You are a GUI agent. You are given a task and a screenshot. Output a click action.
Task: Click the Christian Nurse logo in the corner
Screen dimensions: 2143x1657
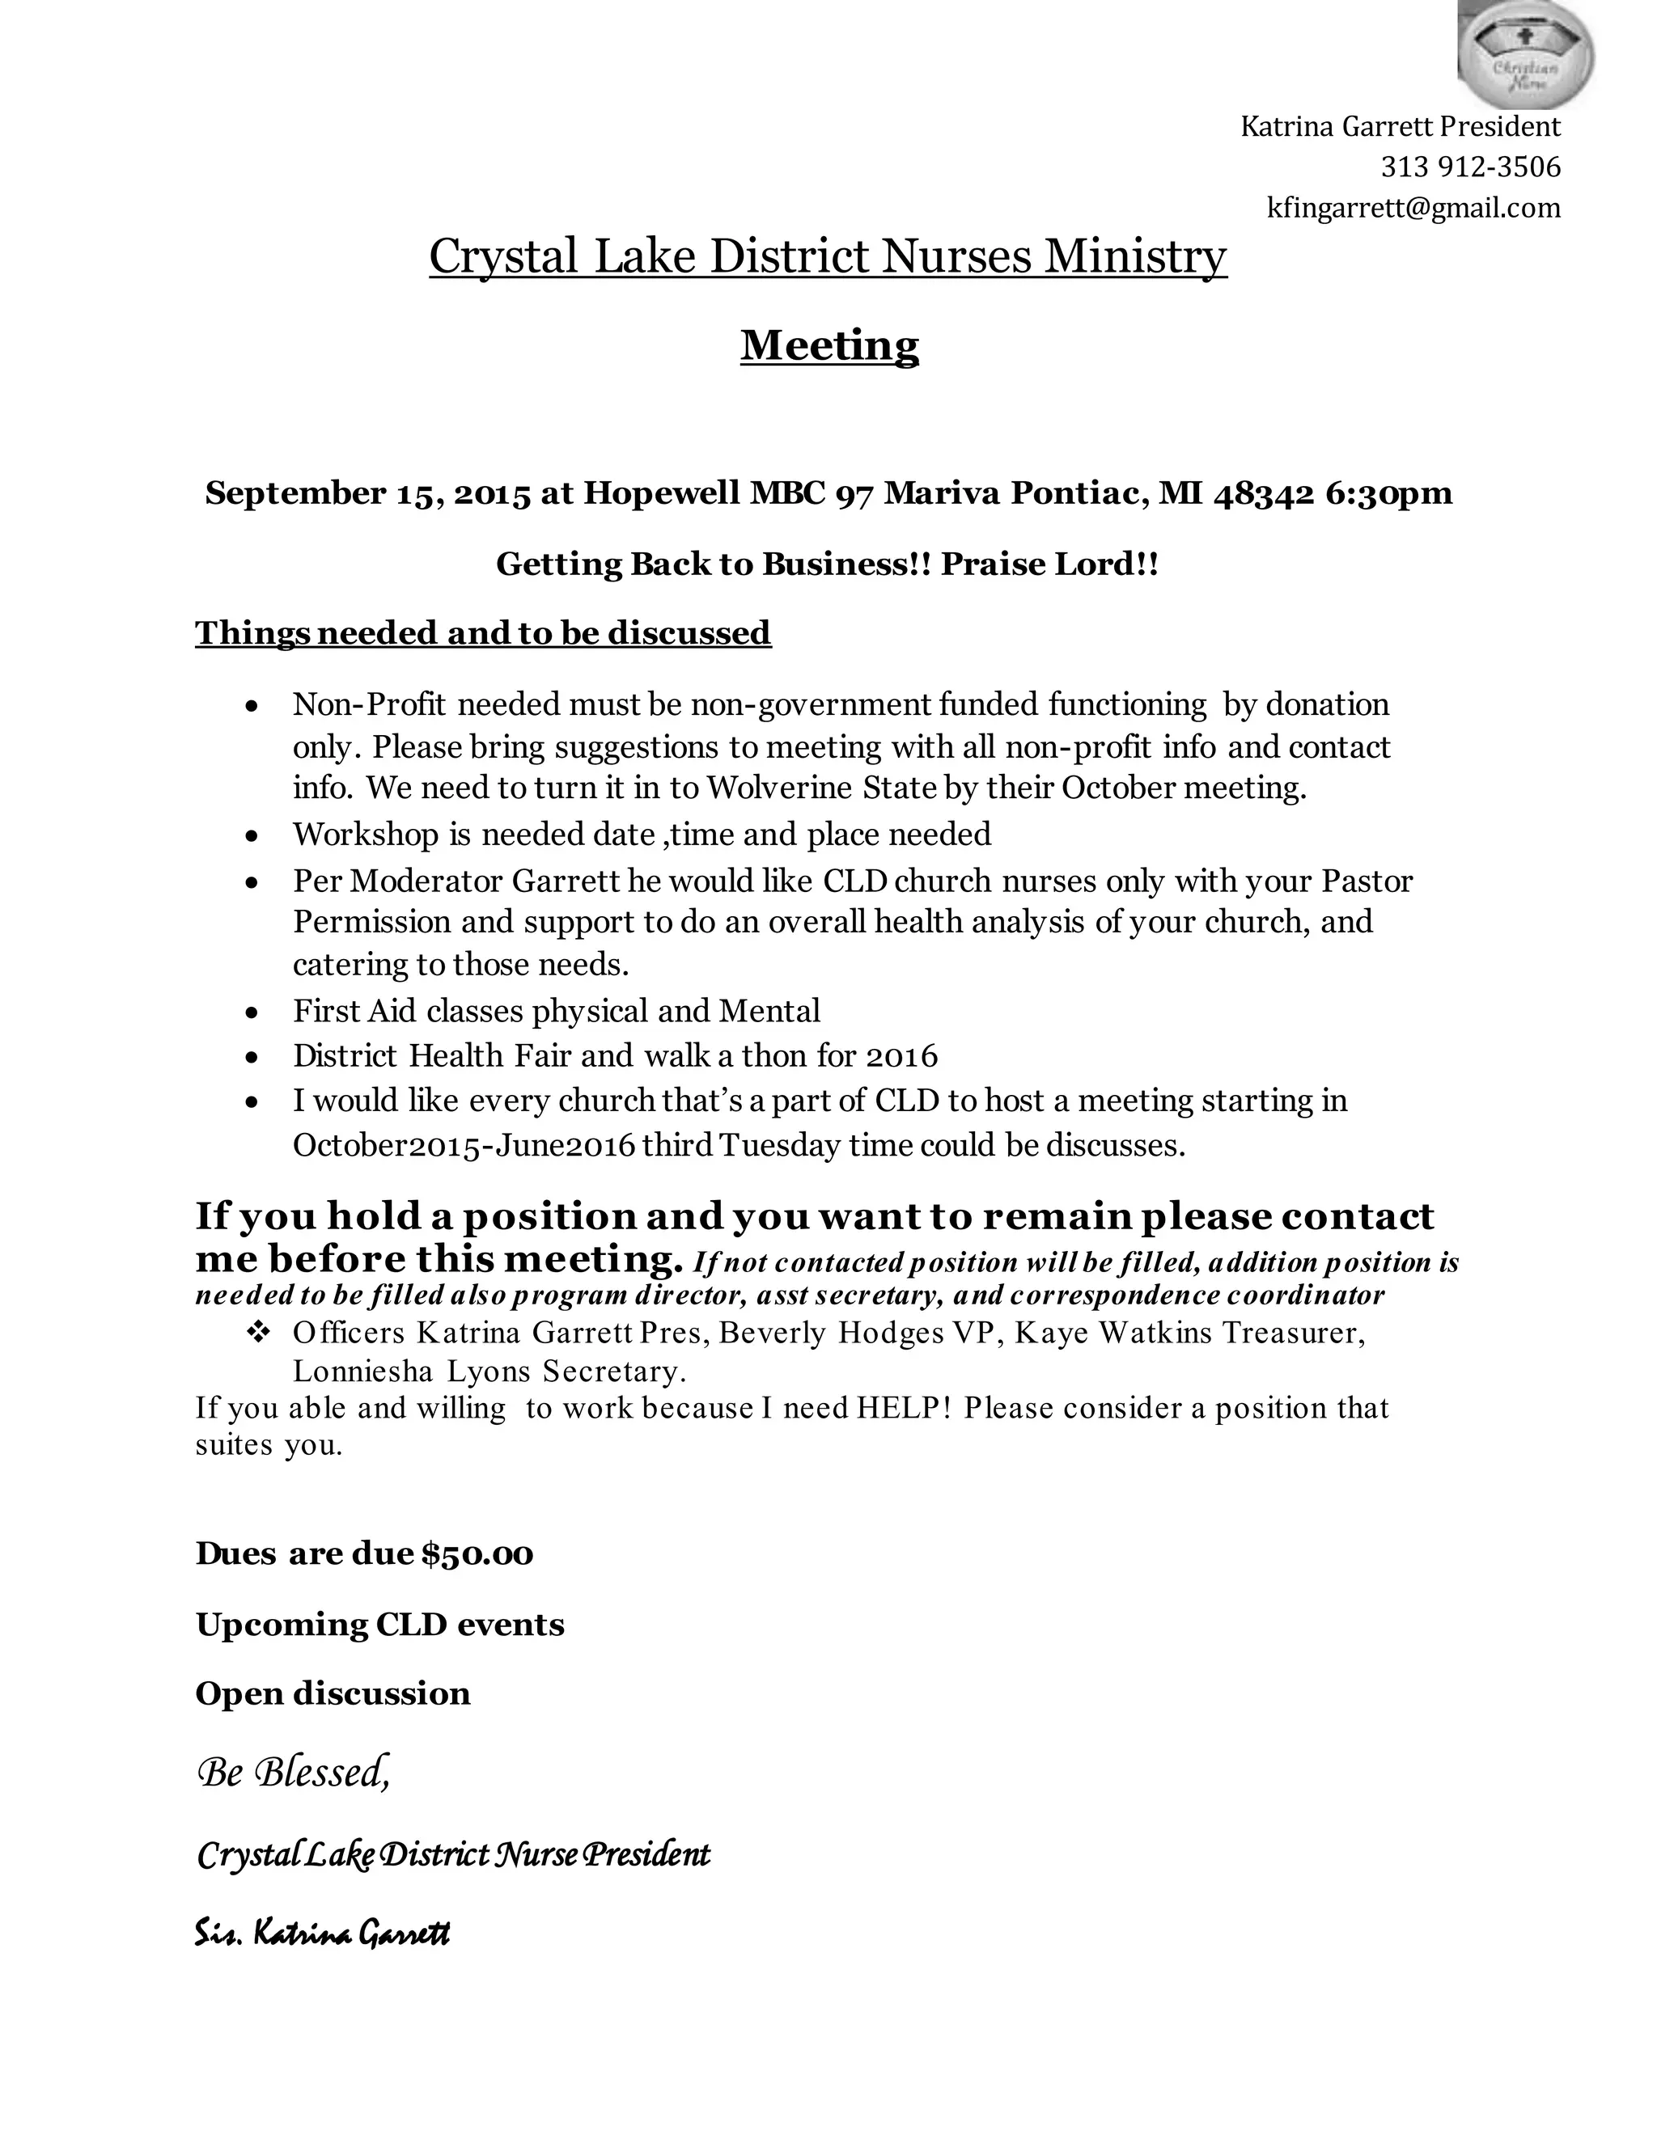coord(1524,54)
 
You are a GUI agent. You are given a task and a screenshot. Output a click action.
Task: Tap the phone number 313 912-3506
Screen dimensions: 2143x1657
coord(1469,167)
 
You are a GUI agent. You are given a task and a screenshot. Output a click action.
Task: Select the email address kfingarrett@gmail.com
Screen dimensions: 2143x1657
coord(1413,208)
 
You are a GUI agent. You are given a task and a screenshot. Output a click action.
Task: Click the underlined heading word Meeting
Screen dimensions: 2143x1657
coord(828,345)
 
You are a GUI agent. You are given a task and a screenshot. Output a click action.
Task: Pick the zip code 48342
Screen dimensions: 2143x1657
coord(1263,492)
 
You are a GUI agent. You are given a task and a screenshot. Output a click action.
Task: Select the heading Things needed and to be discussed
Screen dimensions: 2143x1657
coord(483,633)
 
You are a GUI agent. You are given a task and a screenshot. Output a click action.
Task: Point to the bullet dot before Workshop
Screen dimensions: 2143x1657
coord(253,836)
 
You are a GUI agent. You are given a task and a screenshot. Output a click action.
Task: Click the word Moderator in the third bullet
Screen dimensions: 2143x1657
coord(426,881)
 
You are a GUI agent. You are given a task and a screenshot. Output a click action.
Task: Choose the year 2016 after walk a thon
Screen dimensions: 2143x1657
coord(902,1056)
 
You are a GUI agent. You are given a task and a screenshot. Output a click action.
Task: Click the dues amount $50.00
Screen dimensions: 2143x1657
coord(477,1553)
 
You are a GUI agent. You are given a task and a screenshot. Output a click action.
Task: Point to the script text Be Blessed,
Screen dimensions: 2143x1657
coord(294,1772)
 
